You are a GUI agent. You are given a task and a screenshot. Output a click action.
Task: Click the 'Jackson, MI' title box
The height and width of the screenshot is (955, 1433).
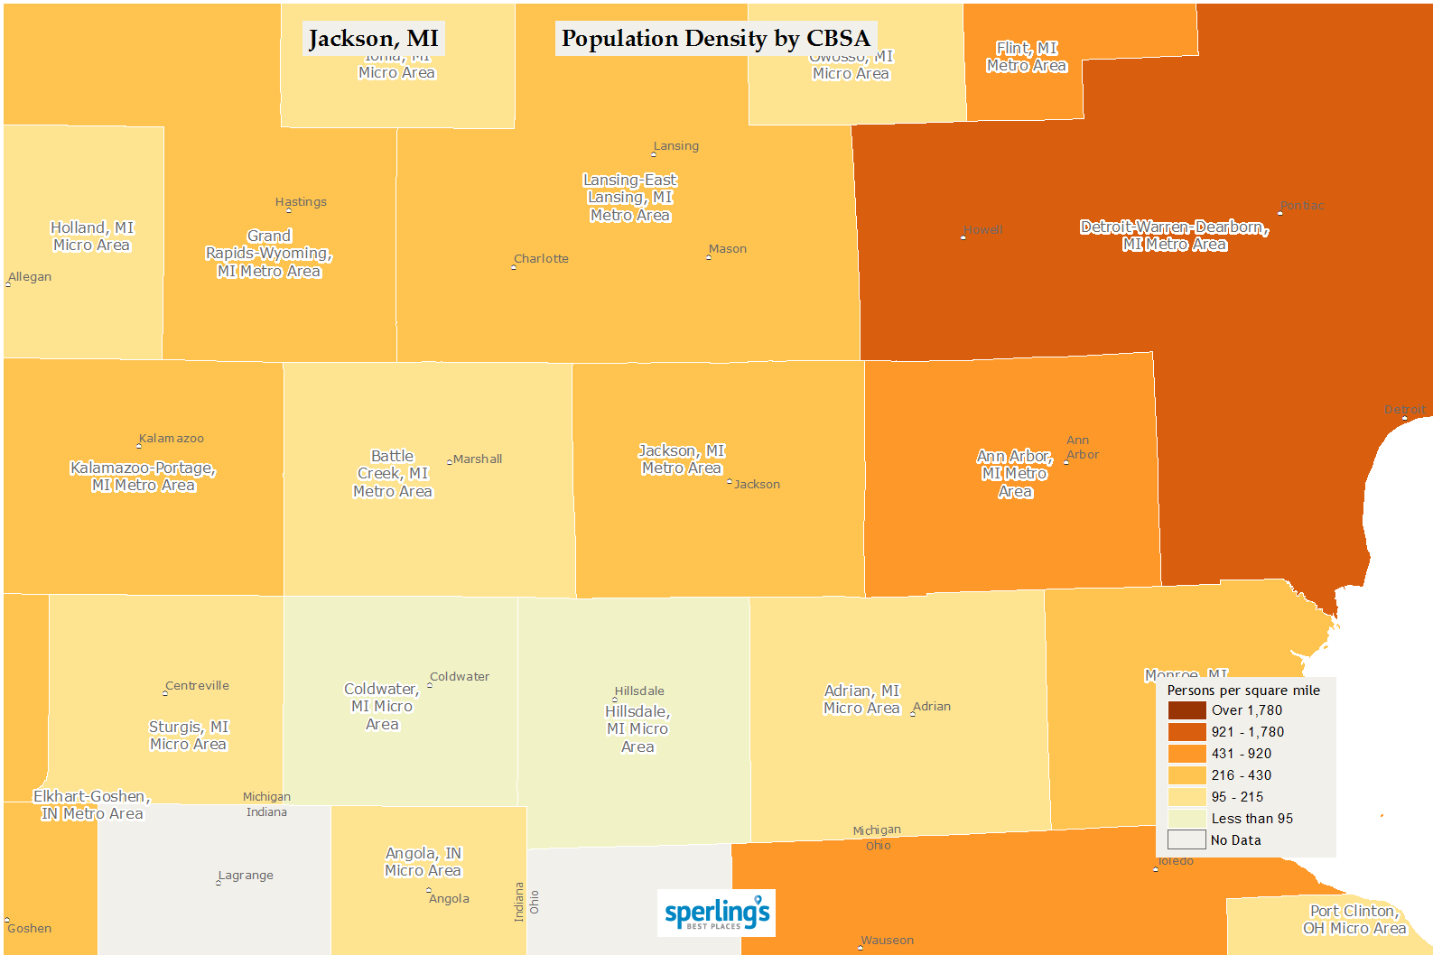tap(373, 39)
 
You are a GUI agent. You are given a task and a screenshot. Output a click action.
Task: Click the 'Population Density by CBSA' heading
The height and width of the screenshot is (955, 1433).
tap(715, 39)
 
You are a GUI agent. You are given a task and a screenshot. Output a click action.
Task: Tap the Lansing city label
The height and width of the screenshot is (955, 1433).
tap(675, 146)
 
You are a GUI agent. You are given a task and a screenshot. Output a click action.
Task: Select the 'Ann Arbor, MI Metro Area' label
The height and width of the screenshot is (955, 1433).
tap(1015, 474)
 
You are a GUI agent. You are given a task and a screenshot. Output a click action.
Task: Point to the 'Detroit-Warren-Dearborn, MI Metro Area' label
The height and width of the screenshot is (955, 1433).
tap(1174, 236)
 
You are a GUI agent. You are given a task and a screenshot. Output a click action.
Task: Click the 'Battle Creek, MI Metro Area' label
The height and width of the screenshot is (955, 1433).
tap(393, 474)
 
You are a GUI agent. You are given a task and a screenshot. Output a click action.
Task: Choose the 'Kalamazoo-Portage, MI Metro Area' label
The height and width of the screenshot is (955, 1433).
tap(143, 477)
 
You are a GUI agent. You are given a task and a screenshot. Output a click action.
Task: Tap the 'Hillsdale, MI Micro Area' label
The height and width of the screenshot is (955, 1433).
tap(637, 729)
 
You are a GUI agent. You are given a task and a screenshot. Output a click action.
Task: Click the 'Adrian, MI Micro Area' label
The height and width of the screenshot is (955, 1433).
tap(861, 700)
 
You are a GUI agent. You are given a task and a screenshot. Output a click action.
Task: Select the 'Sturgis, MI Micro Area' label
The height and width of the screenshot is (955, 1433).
tap(188, 736)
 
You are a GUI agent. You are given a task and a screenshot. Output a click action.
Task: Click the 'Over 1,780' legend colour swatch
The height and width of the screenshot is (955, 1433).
tap(1186, 710)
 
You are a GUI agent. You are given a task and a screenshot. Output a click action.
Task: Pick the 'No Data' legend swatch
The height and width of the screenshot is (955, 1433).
tap(1186, 840)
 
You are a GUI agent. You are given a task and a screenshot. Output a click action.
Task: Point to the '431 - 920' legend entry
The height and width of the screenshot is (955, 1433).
tap(1241, 754)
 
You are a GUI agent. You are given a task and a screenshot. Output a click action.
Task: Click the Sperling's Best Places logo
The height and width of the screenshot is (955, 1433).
tap(716, 913)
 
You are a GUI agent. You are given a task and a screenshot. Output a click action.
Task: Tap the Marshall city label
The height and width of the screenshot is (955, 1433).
tap(477, 459)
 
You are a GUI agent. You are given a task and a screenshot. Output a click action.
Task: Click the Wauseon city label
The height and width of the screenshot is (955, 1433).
tap(887, 941)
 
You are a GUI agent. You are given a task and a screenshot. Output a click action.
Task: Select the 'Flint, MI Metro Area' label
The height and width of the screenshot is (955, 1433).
tap(1027, 57)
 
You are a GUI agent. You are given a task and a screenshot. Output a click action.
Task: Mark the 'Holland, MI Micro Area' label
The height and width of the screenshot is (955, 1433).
tap(91, 236)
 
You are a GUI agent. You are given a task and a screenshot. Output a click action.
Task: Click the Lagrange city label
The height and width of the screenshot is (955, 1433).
tap(246, 876)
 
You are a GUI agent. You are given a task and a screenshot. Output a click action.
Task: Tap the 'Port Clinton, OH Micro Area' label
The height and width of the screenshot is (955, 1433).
tap(1354, 920)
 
